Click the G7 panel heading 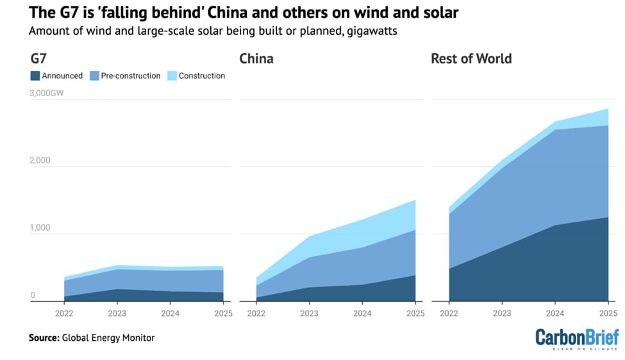38,59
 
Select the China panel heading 256,59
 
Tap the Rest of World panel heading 471,59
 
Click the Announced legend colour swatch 35,76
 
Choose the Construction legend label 202,76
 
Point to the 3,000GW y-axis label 46,94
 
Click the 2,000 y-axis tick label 40,161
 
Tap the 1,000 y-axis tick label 40,228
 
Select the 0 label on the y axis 32,295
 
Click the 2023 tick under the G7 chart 117,313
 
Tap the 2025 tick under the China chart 415,313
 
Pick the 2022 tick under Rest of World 449,313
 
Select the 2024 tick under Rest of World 555,313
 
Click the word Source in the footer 43,338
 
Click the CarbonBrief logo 577,338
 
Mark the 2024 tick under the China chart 362,313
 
